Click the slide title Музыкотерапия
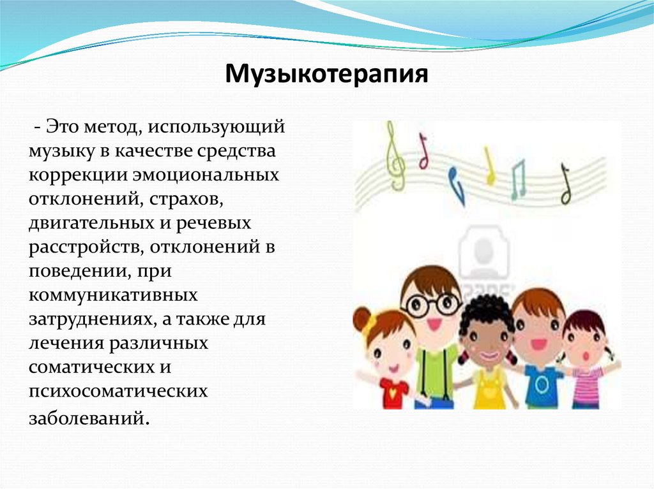point(326,75)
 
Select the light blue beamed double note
point(517,179)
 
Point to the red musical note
point(423,152)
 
